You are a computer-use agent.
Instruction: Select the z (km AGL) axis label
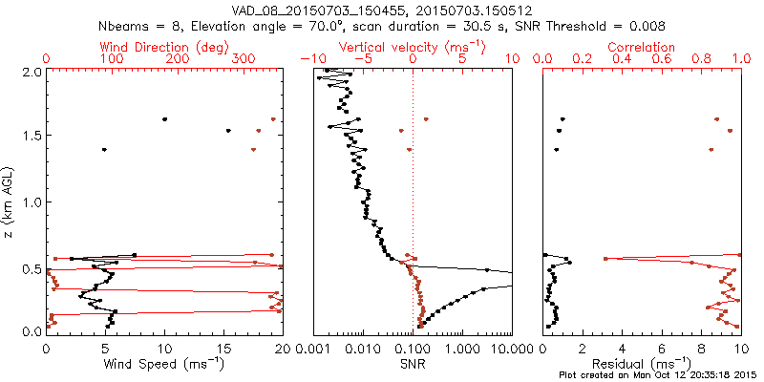(9, 201)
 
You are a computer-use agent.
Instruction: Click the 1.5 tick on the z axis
(31, 137)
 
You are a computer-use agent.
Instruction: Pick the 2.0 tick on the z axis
(31, 72)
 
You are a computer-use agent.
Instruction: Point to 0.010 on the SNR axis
(362, 349)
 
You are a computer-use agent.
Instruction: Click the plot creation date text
(658, 374)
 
